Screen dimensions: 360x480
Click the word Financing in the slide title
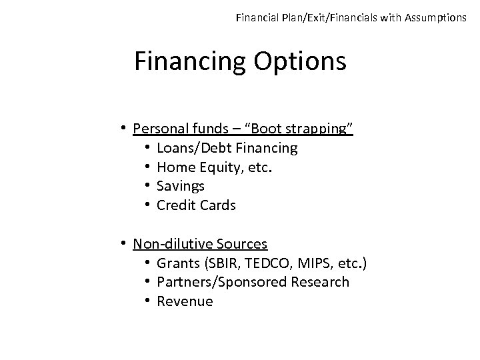[191, 61]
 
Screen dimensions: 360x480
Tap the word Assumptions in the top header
[435, 17]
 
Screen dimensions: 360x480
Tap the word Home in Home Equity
[173, 167]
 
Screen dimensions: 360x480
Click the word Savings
[180, 186]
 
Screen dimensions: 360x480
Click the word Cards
[217, 205]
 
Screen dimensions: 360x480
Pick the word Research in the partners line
[320, 282]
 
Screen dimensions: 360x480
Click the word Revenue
[185, 301]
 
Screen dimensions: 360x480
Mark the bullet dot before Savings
[147, 186]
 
